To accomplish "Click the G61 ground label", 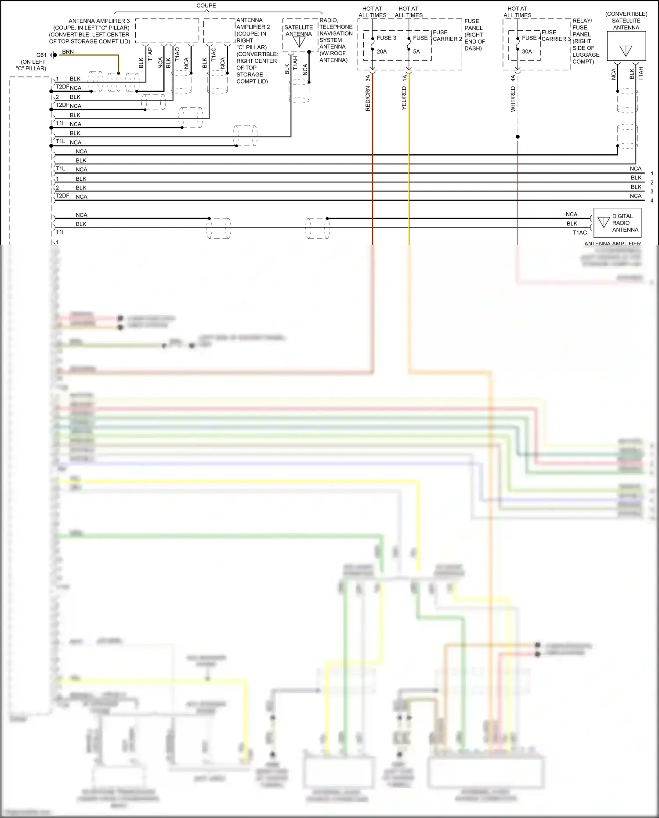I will (42, 55).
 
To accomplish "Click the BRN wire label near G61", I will (68, 52).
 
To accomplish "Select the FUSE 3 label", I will (386, 38).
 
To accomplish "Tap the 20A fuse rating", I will (382, 51).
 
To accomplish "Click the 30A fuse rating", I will (527, 51).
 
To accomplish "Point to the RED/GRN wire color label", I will (368, 98).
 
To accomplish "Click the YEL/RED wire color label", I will (404, 98).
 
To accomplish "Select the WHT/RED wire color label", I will (513, 99).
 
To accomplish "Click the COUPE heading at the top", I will (206, 6).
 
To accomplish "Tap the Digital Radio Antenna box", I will (617, 223).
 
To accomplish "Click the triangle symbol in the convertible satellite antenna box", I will (626, 51).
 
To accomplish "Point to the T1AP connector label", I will (150, 54).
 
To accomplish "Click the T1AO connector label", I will (177, 54).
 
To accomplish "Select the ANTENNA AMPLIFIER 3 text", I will (99, 21).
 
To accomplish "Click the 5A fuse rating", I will (416, 51).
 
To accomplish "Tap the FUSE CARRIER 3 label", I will (556, 36).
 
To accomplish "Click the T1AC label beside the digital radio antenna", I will (579, 233).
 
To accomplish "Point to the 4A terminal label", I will (513, 78).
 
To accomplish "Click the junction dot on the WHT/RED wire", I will (518, 137).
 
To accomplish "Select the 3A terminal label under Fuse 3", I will (368, 78).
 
